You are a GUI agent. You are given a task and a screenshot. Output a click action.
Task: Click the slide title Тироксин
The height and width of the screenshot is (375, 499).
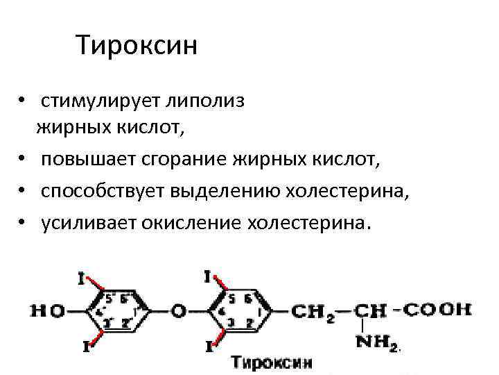tap(137, 47)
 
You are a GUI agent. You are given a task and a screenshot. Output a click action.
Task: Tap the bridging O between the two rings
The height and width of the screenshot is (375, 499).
tap(179, 311)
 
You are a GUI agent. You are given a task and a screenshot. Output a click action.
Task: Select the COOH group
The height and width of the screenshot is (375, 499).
tap(437, 309)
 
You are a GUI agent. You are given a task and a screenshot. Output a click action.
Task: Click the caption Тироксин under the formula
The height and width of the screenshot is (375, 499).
tap(271, 362)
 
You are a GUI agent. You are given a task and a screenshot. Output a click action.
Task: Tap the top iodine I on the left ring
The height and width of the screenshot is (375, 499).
tap(82, 278)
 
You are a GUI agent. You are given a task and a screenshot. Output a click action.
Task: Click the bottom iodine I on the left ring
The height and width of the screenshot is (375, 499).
tap(86, 345)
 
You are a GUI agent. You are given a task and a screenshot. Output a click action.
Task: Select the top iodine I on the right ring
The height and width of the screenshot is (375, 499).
tap(208, 277)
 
